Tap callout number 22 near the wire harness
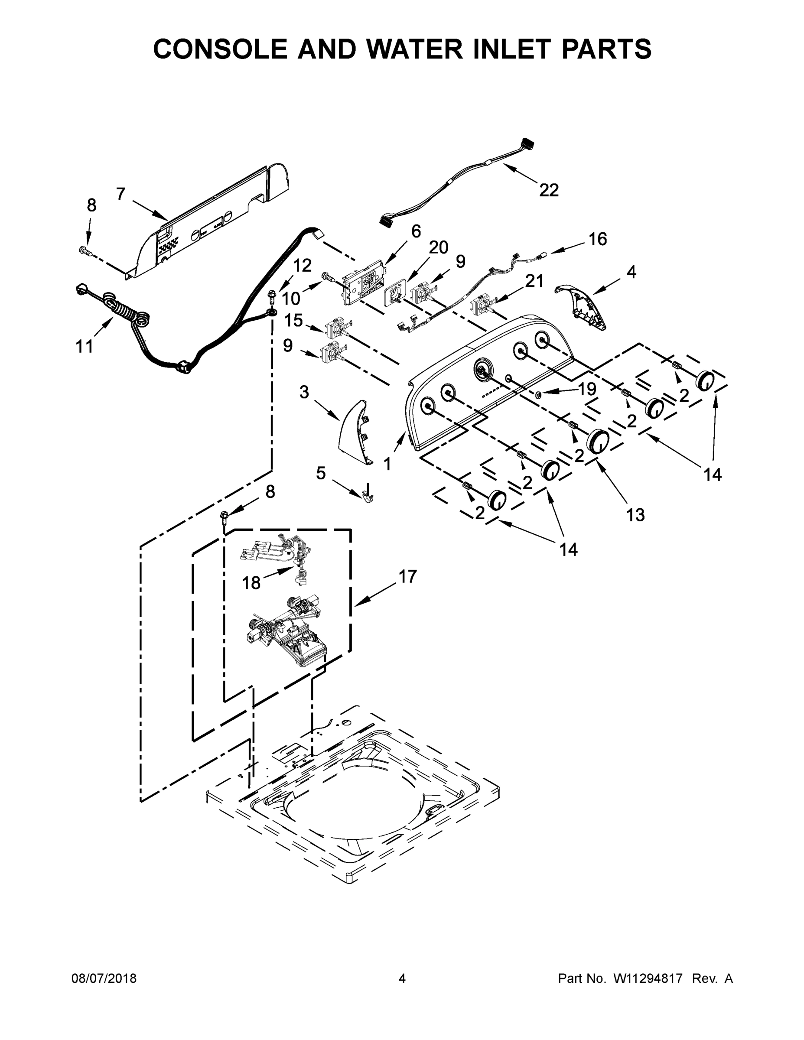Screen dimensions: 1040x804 pos(549,191)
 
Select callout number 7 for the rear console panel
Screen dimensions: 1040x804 pos(120,194)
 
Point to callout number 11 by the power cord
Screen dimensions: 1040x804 pos(85,347)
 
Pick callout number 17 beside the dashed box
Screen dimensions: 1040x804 pos(408,577)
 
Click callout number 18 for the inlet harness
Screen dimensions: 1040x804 pos(251,582)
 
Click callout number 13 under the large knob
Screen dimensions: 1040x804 pos(635,515)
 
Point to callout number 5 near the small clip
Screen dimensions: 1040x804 pos(321,473)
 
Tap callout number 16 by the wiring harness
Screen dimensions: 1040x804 pos(598,239)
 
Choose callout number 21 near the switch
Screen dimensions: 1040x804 pos(534,281)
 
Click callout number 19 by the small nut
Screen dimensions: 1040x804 pos(587,389)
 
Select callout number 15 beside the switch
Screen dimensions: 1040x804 pos(293,321)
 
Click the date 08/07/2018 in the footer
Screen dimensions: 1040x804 pos(104,979)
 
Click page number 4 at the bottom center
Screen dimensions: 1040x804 pos(402,979)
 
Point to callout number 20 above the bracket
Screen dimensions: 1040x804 pos(438,247)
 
